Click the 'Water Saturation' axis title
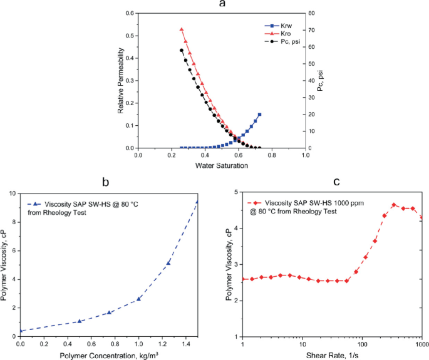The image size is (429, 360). coord(222,166)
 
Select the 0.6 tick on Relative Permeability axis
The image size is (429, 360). coord(130,13)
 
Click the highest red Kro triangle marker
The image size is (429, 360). coord(182,29)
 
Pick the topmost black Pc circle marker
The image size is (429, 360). coord(182,50)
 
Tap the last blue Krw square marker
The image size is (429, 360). coord(259,115)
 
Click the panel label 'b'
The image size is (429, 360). coord(105,182)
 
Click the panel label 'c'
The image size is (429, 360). coord(336,182)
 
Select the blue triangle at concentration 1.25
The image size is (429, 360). coord(168,263)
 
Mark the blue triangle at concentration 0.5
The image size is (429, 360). coord(80,321)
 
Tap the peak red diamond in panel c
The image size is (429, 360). coord(394,205)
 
